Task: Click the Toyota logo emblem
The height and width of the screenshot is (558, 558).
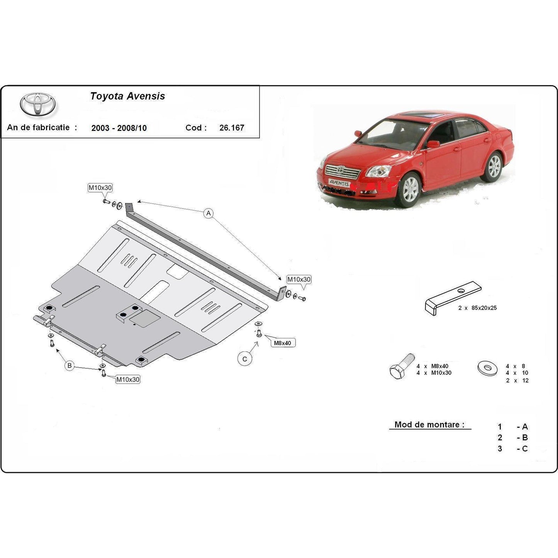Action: coord(37,104)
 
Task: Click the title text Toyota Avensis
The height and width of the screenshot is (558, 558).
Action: coord(127,96)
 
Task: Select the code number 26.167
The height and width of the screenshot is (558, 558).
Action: coord(232,128)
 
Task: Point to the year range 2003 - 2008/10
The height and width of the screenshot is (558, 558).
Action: coord(119,128)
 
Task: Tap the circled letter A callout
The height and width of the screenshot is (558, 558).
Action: coord(209,213)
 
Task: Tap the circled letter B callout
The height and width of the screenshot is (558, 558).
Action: coord(69,365)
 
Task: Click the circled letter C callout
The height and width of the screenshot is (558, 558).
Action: coord(244,359)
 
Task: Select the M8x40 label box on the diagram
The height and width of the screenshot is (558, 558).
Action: coord(283,343)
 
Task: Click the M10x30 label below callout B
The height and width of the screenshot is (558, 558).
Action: coord(128,380)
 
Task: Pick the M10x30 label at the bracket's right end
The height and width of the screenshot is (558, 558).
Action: coord(299,280)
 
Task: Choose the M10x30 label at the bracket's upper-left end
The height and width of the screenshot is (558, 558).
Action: coord(100,188)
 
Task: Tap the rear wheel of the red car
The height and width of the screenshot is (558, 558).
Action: coord(494,166)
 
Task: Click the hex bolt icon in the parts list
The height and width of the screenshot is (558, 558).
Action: coord(402,366)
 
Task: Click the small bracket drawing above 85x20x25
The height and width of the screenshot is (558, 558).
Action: coord(453,297)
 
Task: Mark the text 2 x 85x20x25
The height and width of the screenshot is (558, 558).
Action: coord(477,308)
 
